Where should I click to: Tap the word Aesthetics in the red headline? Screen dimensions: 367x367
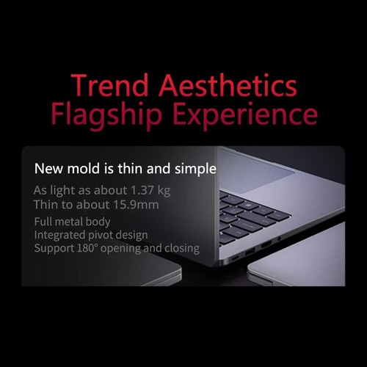pos(228,85)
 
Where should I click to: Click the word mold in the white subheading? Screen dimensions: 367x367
pos(84,169)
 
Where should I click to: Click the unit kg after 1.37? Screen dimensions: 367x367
pos(164,191)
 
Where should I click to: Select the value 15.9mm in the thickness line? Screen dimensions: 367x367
pos(136,205)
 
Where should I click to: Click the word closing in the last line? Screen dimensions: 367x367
pos(182,249)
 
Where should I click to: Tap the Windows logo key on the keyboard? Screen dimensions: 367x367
pos(248,205)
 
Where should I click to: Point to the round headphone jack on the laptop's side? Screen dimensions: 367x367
pos(279,238)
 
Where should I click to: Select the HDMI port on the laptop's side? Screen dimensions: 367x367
pos(266,244)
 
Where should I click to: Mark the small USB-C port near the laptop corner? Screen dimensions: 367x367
pos(236,258)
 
